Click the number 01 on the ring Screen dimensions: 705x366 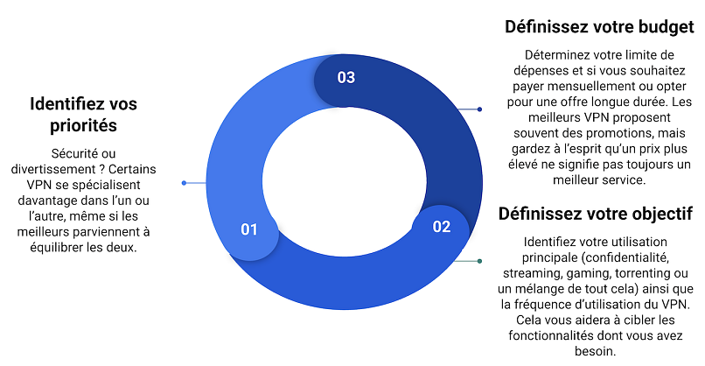[x=249, y=229]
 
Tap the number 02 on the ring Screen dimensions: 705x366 [x=442, y=227]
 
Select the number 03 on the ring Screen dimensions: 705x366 [x=346, y=77]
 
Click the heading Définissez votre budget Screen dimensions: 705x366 [x=599, y=27]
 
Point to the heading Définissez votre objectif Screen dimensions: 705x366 [x=596, y=214]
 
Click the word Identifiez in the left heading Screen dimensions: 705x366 [x=65, y=104]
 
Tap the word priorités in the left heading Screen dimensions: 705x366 [x=83, y=125]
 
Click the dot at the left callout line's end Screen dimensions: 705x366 [x=184, y=183]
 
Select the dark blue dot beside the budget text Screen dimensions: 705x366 [x=479, y=109]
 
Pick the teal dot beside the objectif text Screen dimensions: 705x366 [x=479, y=261]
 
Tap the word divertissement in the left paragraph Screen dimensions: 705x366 [x=53, y=169]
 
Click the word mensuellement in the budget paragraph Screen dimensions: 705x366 [x=596, y=87]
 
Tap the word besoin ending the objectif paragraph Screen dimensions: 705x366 [x=594, y=351]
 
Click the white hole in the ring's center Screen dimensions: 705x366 [x=345, y=182]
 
